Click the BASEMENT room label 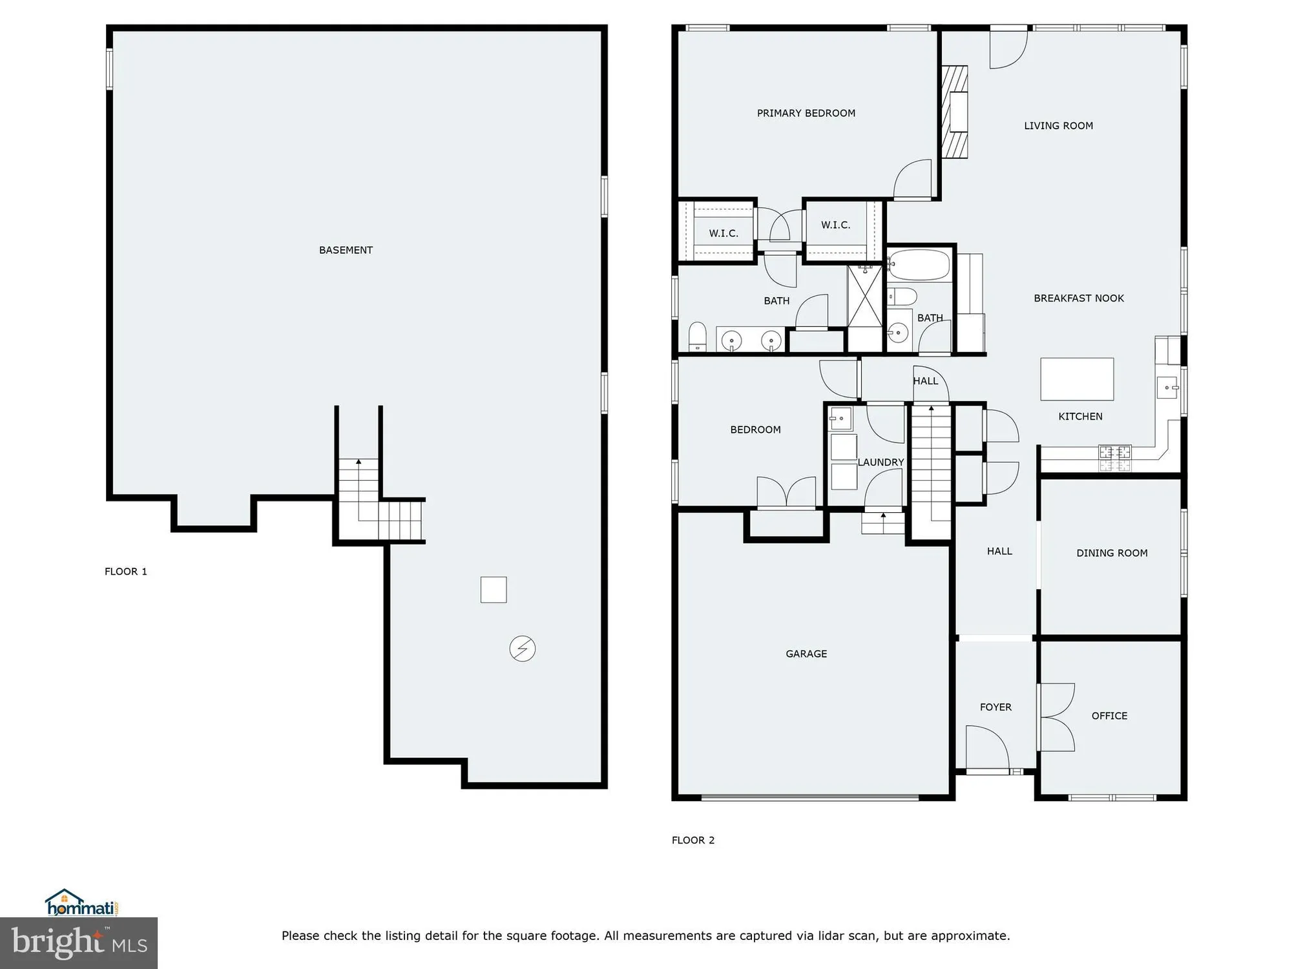pyautogui.click(x=346, y=250)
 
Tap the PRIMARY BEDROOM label pyautogui.click(x=806, y=113)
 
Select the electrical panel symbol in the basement pyautogui.click(x=522, y=649)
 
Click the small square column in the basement pyautogui.click(x=493, y=589)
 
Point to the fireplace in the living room pyautogui.click(x=955, y=112)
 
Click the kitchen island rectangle pyautogui.click(x=1076, y=379)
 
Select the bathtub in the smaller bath pyautogui.click(x=919, y=265)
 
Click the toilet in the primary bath pyautogui.click(x=697, y=336)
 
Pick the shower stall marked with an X pyautogui.click(x=865, y=297)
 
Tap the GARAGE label pyautogui.click(x=806, y=654)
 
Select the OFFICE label pyautogui.click(x=1109, y=716)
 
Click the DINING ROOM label pyautogui.click(x=1112, y=553)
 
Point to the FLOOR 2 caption pyautogui.click(x=693, y=840)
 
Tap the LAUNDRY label pyautogui.click(x=880, y=463)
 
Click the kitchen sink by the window pyautogui.click(x=1167, y=388)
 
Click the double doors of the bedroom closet pyautogui.click(x=786, y=493)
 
